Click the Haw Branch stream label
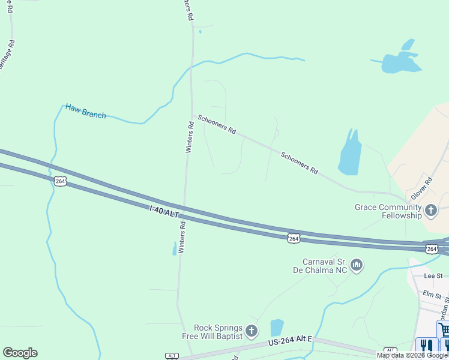85,111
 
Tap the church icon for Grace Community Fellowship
430,211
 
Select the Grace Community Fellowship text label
388,211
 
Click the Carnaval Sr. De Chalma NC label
324,265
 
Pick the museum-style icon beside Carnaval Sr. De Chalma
357,265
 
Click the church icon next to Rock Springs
252,331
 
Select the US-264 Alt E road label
290,341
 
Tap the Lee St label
433,276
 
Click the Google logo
20,353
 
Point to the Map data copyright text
412,355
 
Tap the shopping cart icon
443,329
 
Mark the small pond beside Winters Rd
175,248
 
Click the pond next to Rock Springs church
277,328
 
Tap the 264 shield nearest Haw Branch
59,181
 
